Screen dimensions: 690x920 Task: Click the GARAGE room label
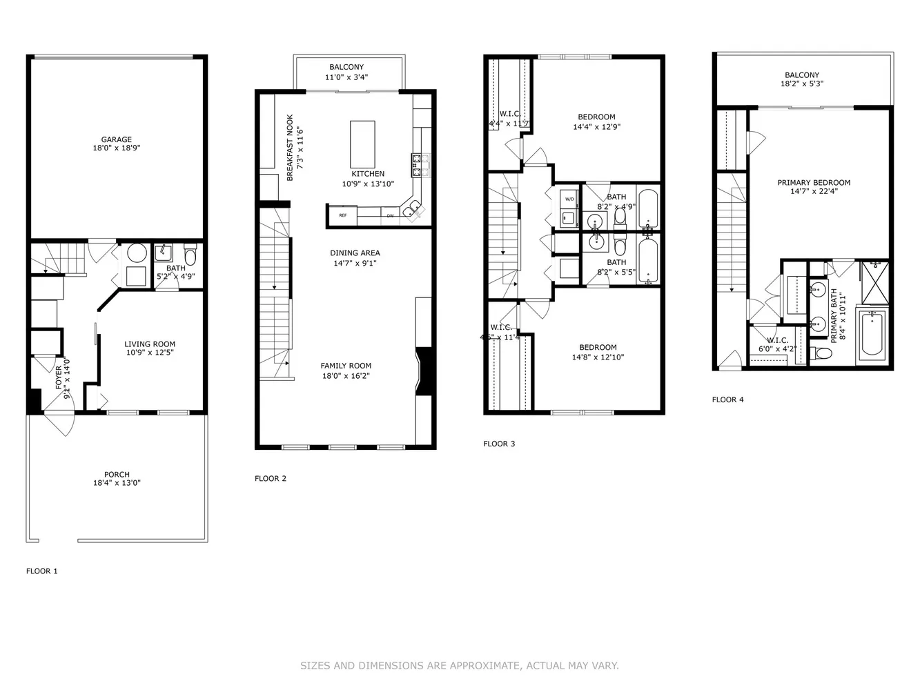(x=116, y=139)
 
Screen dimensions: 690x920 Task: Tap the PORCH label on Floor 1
(x=117, y=475)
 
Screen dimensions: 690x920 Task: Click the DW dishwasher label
(x=390, y=216)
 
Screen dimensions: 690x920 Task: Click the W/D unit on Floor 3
(x=569, y=200)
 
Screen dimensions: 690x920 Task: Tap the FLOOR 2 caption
(x=270, y=478)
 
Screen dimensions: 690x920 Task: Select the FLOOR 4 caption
(x=727, y=400)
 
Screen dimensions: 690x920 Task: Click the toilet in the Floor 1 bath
(x=190, y=256)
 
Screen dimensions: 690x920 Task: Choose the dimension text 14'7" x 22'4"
(x=814, y=192)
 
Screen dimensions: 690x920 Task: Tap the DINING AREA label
(x=355, y=253)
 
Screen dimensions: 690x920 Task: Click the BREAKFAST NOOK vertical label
(x=290, y=148)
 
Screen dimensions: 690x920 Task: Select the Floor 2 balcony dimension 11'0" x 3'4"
(x=346, y=77)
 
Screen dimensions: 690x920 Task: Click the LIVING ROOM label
(x=150, y=344)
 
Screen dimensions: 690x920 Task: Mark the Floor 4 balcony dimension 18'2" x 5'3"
(x=801, y=84)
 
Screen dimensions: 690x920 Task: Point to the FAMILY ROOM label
(x=346, y=366)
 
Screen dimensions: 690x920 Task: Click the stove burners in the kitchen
(x=420, y=162)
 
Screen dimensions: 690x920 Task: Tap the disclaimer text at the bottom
(x=459, y=666)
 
